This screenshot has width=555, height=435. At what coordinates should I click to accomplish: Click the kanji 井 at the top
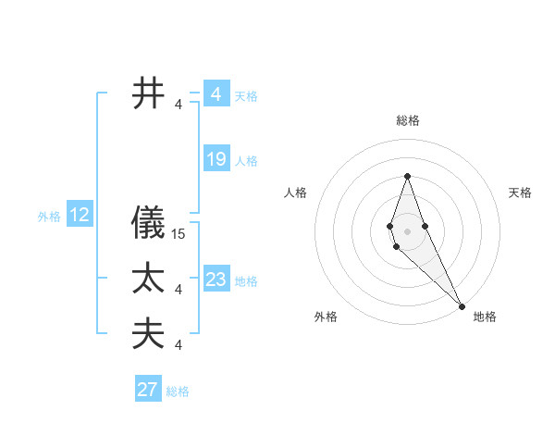[150, 94]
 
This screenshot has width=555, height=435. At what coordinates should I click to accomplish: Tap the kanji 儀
[150, 225]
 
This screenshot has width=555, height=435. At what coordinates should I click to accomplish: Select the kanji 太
[150, 280]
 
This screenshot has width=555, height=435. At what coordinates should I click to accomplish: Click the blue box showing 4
[216, 94]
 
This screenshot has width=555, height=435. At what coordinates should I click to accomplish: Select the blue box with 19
[216, 159]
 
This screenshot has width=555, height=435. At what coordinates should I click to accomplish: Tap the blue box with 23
[216, 280]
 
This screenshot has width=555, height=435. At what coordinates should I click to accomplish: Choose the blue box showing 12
[79, 216]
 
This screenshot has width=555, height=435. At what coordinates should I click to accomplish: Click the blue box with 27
[147, 390]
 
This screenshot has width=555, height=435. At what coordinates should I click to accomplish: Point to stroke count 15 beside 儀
[179, 235]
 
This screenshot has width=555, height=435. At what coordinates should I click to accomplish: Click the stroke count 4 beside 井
[179, 105]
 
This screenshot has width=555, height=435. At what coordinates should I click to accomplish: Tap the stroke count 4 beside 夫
[179, 345]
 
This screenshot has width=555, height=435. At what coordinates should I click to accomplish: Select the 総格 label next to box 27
[178, 391]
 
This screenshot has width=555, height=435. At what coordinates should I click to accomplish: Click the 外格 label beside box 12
[49, 217]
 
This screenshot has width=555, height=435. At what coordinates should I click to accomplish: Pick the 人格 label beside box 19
[246, 161]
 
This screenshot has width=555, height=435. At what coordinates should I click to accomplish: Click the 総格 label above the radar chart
[407, 120]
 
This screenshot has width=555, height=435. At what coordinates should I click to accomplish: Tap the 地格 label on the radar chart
[485, 317]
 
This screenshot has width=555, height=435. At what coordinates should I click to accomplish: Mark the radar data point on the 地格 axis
[462, 305]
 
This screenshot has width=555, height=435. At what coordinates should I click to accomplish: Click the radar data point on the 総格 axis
[407, 177]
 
